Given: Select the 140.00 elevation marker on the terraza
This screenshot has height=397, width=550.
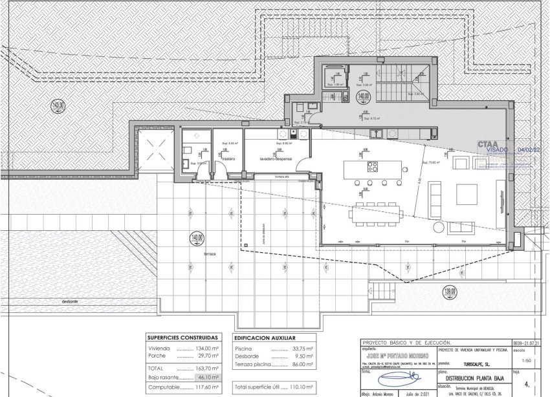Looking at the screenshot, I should click(x=197, y=238).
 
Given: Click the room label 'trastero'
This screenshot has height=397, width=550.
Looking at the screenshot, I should click(x=228, y=158).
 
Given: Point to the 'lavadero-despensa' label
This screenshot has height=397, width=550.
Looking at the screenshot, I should click(x=276, y=158).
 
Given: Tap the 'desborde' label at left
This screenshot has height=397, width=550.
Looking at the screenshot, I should click(x=70, y=301).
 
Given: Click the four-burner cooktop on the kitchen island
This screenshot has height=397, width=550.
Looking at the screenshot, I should click(x=373, y=166).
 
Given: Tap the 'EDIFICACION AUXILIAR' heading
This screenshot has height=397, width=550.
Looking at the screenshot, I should click(x=265, y=338).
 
